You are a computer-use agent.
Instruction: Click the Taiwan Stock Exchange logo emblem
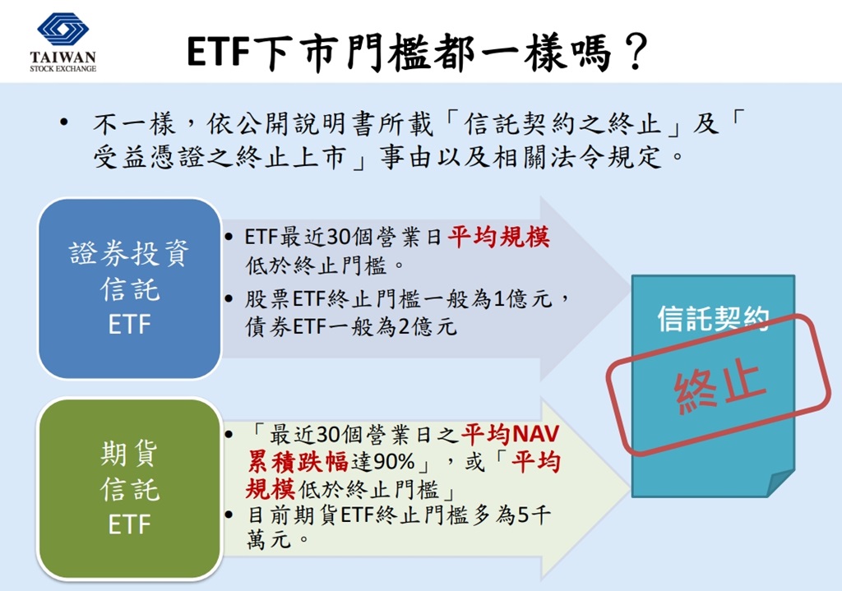point(62,30)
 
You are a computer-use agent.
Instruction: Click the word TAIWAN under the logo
point(62,57)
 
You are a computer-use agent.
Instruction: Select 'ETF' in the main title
point(219,53)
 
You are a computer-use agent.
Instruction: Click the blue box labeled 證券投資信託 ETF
point(129,289)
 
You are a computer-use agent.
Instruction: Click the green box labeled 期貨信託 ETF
point(129,488)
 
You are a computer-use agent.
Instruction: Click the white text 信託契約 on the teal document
point(714,318)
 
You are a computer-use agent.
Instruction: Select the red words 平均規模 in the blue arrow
point(499,237)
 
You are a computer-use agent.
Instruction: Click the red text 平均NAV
point(511,434)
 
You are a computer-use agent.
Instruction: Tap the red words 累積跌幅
point(298,462)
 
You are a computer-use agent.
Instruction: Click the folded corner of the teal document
point(781,483)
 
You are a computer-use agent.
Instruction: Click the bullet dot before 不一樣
point(64,122)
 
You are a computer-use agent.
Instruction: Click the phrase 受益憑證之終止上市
point(220,157)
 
